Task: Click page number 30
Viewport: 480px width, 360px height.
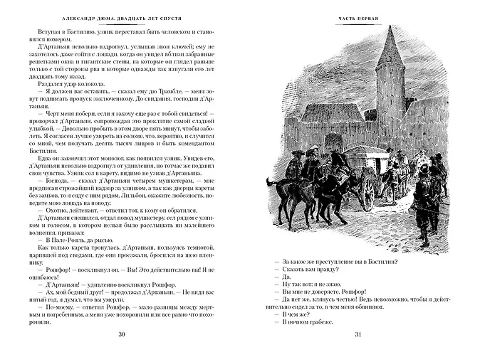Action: pos(122,335)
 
